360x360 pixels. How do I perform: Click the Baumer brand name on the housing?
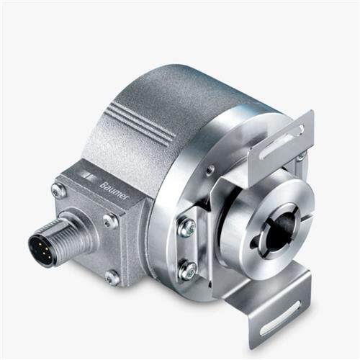tap(114, 192)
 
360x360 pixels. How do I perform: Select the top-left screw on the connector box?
tap(58, 190)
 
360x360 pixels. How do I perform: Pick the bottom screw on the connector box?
tap(112, 278)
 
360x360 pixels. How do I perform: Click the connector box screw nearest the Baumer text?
tap(110, 222)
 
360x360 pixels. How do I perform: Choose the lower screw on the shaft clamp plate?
tap(187, 269)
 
